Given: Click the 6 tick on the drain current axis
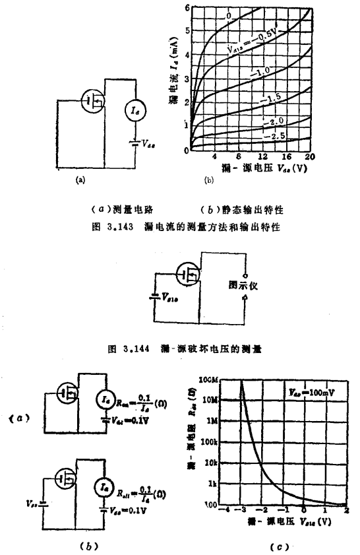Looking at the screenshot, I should pyautogui.click(x=187, y=7).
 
